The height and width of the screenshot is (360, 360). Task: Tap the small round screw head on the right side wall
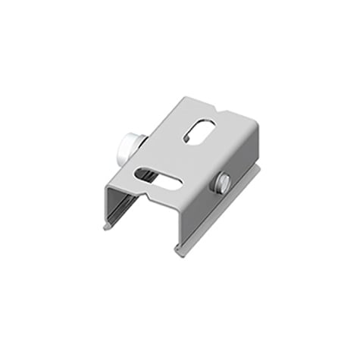click(x=225, y=182)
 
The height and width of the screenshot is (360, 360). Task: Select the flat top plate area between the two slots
click(x=182, y=155)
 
